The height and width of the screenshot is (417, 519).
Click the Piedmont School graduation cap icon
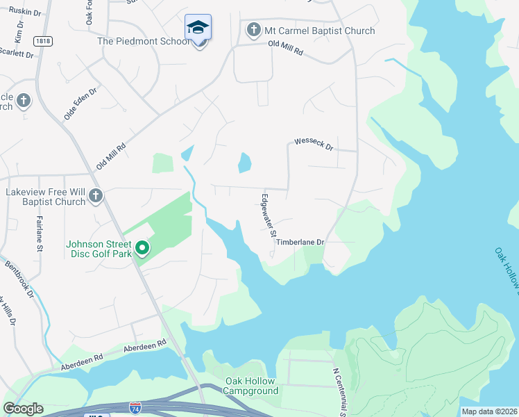click(x=198, y=28)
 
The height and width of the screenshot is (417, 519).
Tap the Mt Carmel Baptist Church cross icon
click(x=254, y=30)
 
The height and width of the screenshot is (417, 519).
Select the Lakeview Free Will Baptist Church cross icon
click(x=96, y=197)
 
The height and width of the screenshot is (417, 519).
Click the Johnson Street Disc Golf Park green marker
click(x=142, y=248)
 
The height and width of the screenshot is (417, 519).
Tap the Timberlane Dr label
click(x=300, y=242)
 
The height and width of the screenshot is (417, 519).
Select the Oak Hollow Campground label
click(x=250, y=386)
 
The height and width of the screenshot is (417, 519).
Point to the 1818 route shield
click(x=42, y=41)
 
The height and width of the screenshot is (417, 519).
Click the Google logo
click(x=23, y=409)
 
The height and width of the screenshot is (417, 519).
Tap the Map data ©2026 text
click(x=489, y=411)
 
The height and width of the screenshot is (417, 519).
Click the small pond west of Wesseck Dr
click(x=244, y=163)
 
